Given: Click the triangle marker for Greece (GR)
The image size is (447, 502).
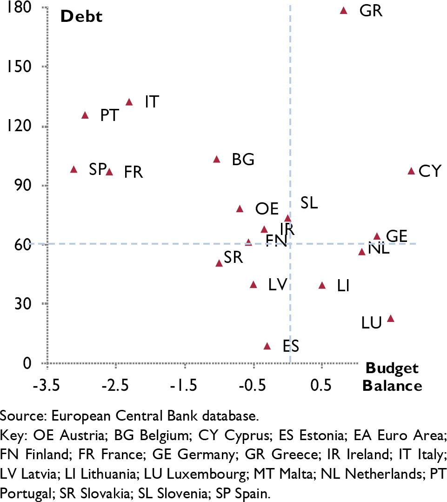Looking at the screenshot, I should coord(344,10).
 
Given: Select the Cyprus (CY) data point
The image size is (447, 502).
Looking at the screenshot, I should coord(411,171).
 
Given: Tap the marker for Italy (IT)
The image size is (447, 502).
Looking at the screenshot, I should coord(129,102).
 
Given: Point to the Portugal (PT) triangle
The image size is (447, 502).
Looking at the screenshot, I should coord(85,115).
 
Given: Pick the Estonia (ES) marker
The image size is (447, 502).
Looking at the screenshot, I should coord(267,346).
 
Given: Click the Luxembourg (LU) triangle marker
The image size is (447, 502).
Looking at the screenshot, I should coord(391,319).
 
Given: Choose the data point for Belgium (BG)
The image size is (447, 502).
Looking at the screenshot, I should coord(216,159).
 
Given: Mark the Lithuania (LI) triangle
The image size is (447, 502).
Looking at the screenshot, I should coord(322,285).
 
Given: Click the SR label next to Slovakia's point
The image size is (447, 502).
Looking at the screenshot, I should coord(233,257).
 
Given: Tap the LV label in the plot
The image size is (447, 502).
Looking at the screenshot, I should coord(277,284).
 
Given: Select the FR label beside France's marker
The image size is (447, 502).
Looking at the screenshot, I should coord(133,172).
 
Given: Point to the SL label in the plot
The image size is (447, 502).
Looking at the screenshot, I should coord(309,203).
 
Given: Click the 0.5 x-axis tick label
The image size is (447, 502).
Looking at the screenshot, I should coord(321,386).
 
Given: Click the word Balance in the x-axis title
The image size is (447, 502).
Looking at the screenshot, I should coord(392,386).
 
